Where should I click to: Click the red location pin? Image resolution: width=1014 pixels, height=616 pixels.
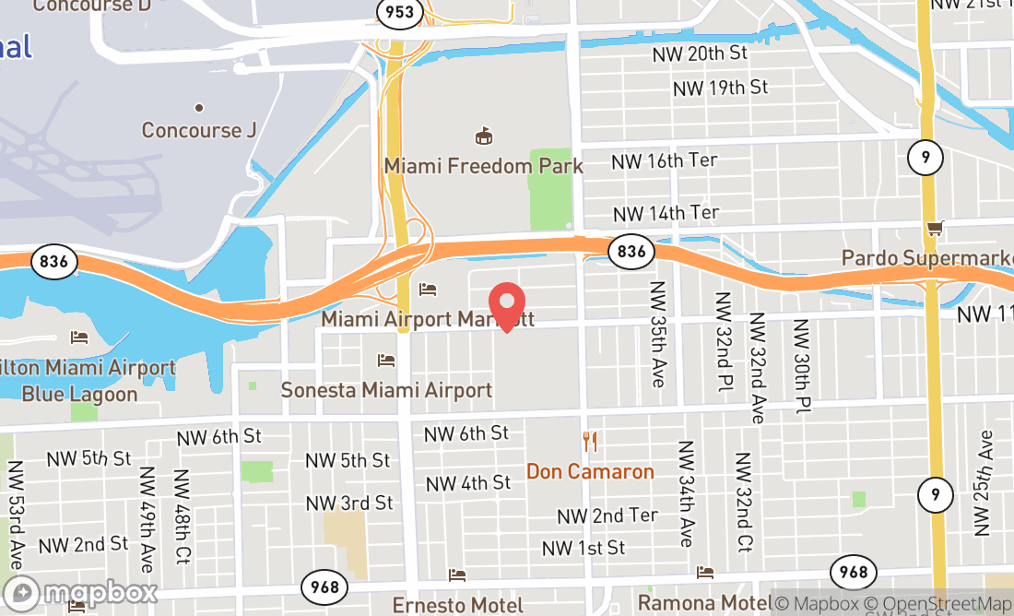pyautogui.click(x=506, y=304)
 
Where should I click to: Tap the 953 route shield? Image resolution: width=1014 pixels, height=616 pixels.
pyautogui.click(x=400, y=13)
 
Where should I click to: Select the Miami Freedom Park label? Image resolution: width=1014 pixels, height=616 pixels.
pyautogui.click(x=484, y=166)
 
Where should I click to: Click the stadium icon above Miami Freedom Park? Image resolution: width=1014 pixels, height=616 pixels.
pyautogui.click(x=483, y=137)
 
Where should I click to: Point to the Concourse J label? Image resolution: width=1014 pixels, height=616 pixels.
pyautogui.click(x=198, y=130)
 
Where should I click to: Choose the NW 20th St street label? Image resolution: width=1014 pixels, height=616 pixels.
pyautogui.click(x=701, y=53)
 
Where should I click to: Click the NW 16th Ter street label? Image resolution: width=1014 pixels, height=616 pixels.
pyautogui.click(x=665, y=160)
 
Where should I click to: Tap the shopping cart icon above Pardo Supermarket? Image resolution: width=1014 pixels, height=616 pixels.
pyautogui.click(x=935, y=228)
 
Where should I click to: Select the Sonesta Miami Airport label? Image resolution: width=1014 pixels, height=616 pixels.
pyautogui.click(x=386, y=390)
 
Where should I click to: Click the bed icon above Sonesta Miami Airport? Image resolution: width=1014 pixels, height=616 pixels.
pyautogui.click(x=386, y=360)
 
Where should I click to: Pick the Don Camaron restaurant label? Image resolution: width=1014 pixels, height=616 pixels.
pyautogui.click(x=590, y=471)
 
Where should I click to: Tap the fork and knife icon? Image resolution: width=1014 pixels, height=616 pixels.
pyautogui.click(x=590, y=443)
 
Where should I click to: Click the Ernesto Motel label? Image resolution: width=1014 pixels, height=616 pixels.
pyautogui.click(x=457, y=605)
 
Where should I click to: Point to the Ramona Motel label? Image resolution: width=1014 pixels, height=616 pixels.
pyautogui.click(x=705, y=603)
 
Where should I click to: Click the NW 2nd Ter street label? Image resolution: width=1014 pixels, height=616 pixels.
pyautogui.click(x=607, y=515)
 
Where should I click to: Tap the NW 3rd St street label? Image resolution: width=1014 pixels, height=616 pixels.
pyautogui.click(x=348, y=503)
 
